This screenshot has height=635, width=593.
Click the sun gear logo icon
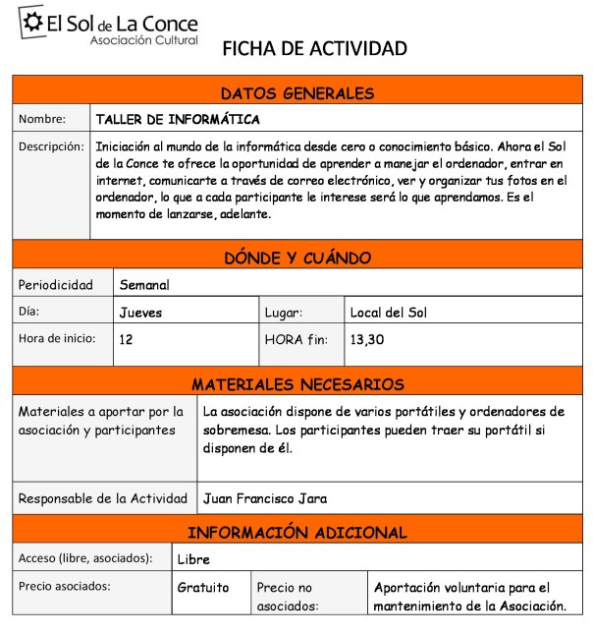[x=31, y=25]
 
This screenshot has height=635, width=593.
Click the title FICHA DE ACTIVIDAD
[x=314, y=48]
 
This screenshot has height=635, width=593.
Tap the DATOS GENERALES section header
[x=297, y=94]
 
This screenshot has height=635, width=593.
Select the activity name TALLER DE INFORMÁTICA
[x=178, y=120]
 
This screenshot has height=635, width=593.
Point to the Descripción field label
[x=51, y=146]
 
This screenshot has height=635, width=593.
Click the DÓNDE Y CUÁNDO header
[x=297, y=259]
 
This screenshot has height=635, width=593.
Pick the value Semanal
[x=144, y=285]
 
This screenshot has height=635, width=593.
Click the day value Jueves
[x=140, y=313]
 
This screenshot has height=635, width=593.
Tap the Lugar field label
[x=284, y=313]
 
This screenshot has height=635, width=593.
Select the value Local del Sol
[x=389, y=313]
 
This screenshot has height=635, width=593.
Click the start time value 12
[x=126, y=339]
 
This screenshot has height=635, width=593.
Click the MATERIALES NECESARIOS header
[x=297, y=384]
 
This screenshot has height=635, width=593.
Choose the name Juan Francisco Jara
[x=265, y=498]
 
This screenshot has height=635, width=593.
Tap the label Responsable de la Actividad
[x=103, y=498]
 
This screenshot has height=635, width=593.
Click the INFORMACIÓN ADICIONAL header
[x=297, y=533]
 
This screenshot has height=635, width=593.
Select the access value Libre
[x=193, y=559]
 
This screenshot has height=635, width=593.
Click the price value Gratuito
[x=202, y=588]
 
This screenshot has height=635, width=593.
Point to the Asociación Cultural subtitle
[x=143, y=40]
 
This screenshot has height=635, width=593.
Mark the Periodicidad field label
[x=56, y=285]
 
